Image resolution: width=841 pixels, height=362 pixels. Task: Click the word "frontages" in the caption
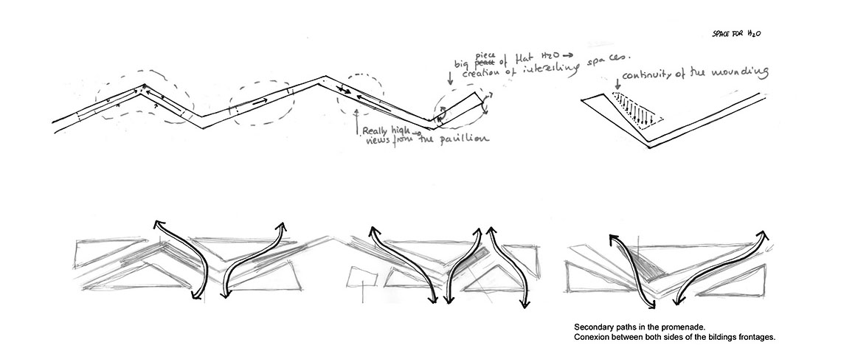(x=757, y=337)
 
